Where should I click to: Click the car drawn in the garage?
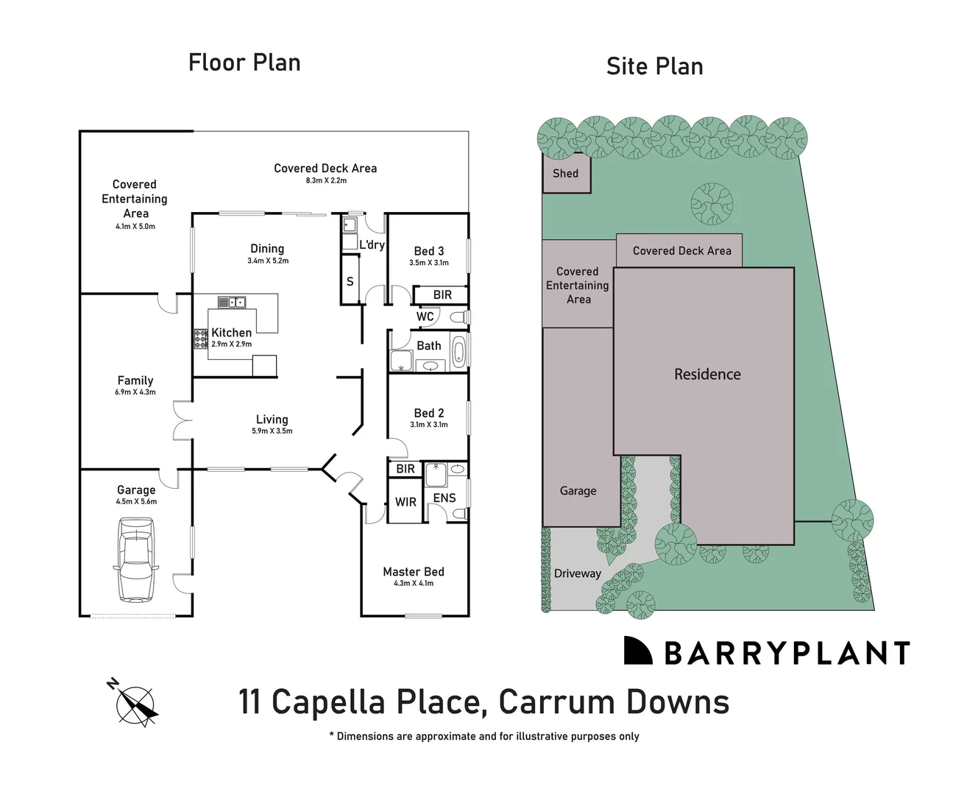(x=135, y=559)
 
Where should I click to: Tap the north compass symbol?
(x=135, y=701)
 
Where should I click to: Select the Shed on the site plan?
(x=566, y=174)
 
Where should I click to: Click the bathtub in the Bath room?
(x=458, y=352)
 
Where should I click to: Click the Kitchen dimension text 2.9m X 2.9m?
(x=231, y=344)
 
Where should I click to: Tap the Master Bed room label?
(x=413, y=571)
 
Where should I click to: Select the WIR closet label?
(x=405, y=502)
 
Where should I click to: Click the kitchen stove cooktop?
(x=201, y=339)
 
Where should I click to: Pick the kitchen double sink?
(x=232, y=301)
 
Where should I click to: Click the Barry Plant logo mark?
(x=638, y=651)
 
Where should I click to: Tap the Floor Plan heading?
(x=244, y=63)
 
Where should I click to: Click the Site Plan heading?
(x=654, y=66)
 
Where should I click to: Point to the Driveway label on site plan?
(x=577, y=573)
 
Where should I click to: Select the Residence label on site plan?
(x=707, y=374)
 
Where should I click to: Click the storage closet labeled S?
(x=350, y=281)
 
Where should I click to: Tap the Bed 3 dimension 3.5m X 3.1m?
(x=428, y=263)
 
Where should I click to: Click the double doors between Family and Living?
(x=181, y=420)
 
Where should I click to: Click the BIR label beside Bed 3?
(x=442, y=295)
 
